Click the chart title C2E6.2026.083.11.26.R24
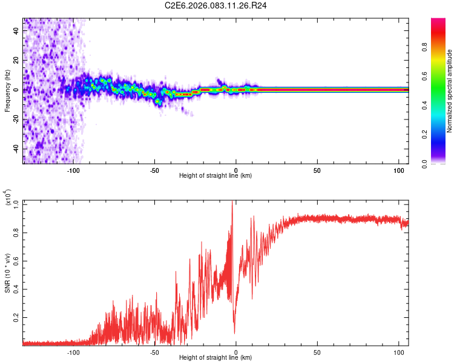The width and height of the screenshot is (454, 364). [215, 5]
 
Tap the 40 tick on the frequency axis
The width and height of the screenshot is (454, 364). [17, 32]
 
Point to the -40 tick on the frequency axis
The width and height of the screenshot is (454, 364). [16, 149]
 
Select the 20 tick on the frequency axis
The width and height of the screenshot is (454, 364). [17, 61]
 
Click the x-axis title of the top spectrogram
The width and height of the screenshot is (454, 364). [215, 175]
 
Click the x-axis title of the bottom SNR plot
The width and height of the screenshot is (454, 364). [215, 357]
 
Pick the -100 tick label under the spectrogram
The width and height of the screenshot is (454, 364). [73, 170]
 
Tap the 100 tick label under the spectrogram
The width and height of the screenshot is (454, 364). [398, 170]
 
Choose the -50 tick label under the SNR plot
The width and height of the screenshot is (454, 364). [154, 352]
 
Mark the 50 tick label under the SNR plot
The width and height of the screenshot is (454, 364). [317, 352]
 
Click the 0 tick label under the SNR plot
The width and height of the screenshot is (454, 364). [235, 352]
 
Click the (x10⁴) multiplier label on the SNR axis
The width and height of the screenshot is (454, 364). [8, 198]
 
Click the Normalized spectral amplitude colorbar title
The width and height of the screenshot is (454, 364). [449, 91]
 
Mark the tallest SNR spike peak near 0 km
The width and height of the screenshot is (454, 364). [232, 202]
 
